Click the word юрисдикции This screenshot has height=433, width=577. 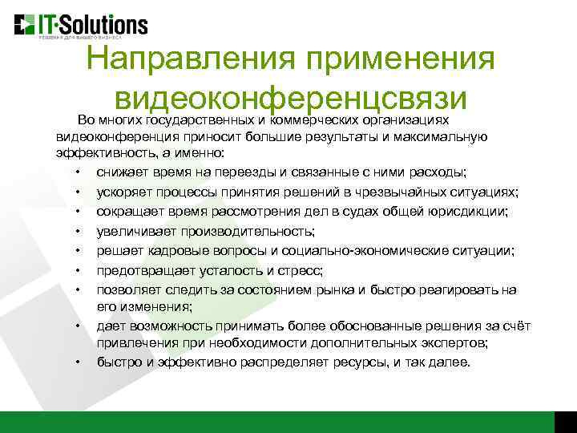point(469,211)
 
